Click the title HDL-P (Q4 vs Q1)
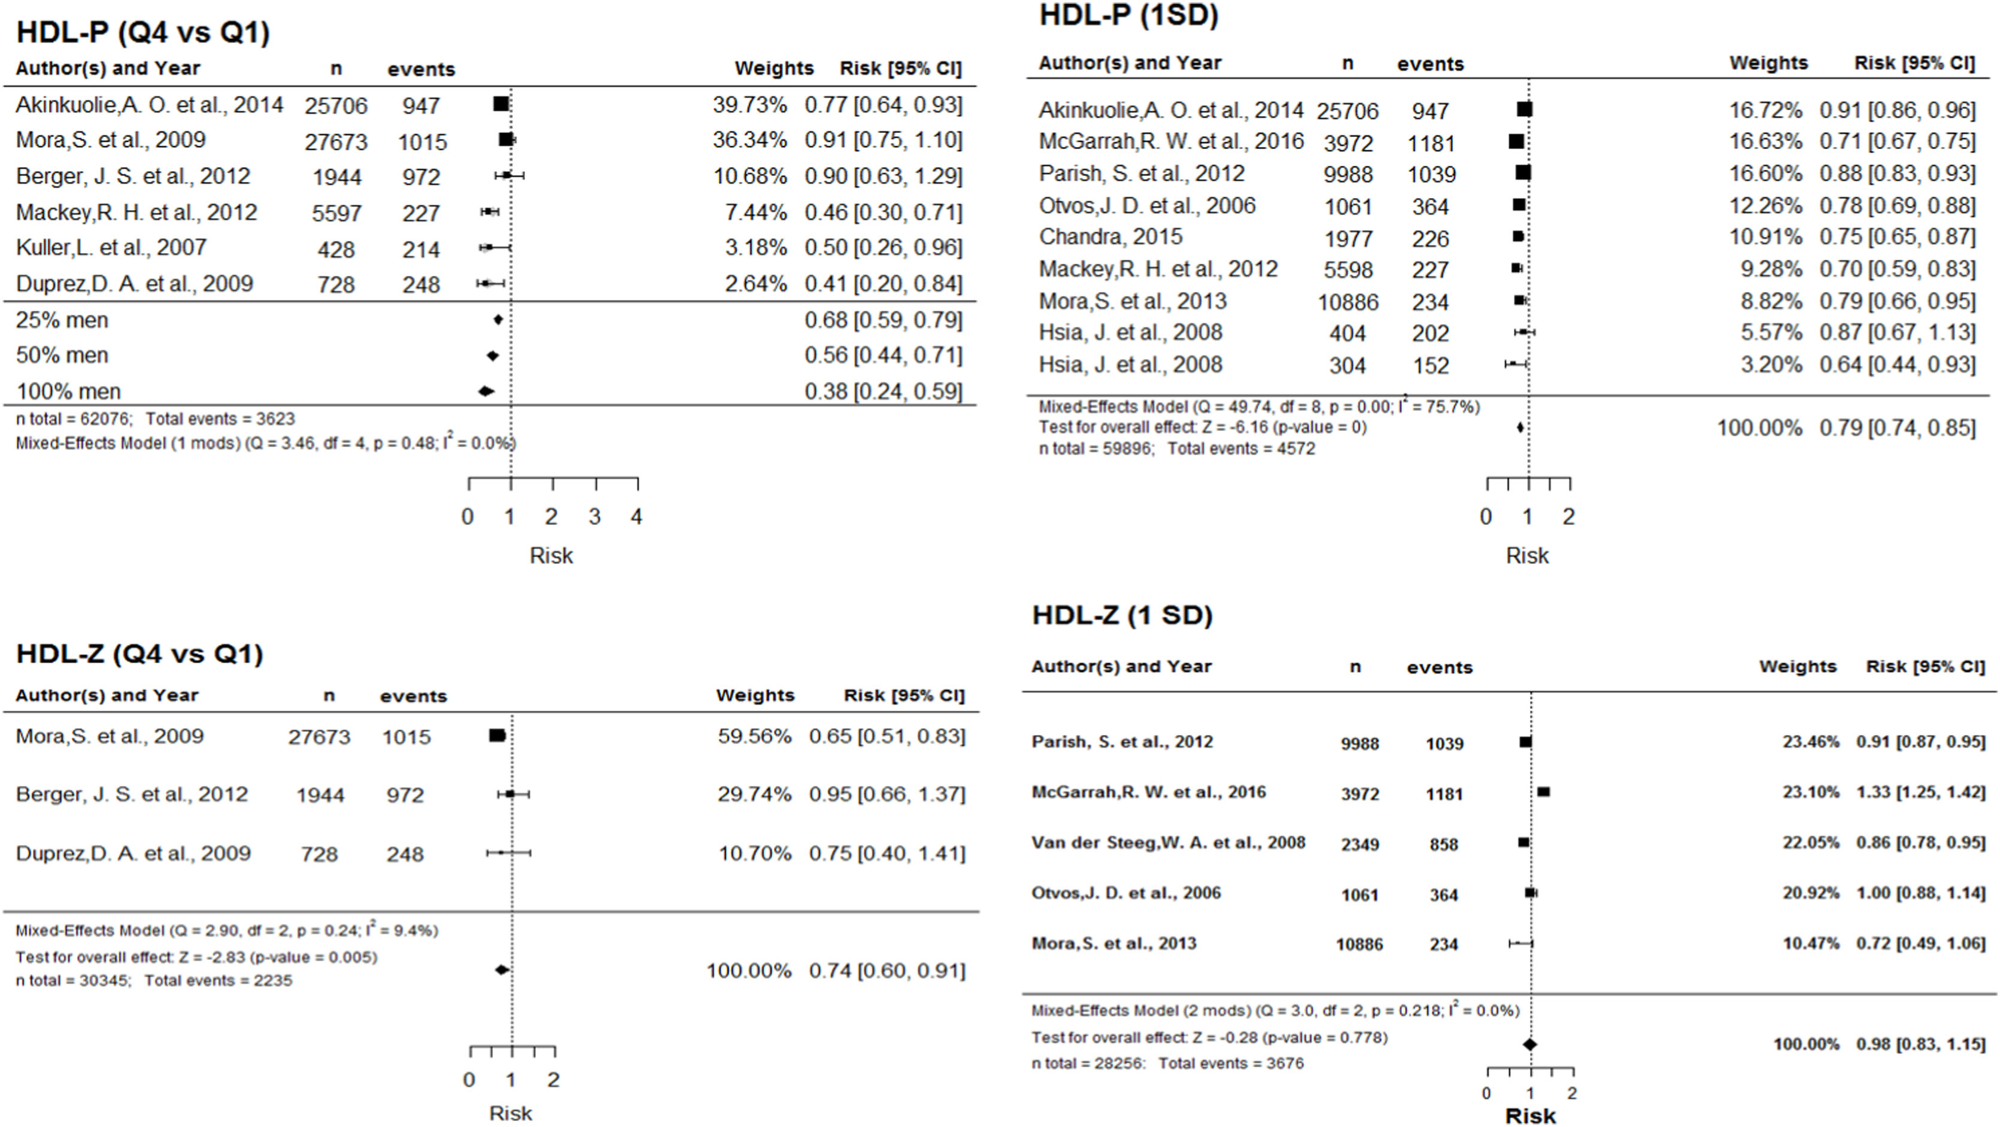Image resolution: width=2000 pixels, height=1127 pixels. tap(143, 32)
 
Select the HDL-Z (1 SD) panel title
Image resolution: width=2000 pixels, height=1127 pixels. tap(1122, 615)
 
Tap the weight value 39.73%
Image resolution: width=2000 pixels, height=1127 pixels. tap(749, 105)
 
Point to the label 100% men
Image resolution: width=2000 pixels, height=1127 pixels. tap(68, 391)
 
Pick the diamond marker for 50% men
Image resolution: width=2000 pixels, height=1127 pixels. tap(492, 356)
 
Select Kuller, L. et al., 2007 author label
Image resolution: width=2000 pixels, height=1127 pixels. tap(111, 248)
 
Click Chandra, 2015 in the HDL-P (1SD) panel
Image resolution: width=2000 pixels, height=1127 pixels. tap(1110, 237)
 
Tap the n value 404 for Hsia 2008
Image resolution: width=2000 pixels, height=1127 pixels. tap(1347, 333)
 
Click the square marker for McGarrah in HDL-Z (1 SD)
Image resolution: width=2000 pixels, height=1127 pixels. tap(1543, 792)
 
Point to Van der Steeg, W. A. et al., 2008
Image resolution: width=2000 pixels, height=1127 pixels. tap(1168, 843)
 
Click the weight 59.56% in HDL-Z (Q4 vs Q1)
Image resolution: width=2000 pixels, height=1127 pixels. tap(754, 736)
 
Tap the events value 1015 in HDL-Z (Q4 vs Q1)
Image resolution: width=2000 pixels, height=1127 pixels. tap(406, 737)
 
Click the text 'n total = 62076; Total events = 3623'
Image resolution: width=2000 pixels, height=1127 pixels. tap(155, 419)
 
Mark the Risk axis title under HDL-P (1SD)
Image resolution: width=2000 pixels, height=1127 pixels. tap(1526, 556)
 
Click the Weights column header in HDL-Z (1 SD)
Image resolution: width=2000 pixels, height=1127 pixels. tap(1797, 666)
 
